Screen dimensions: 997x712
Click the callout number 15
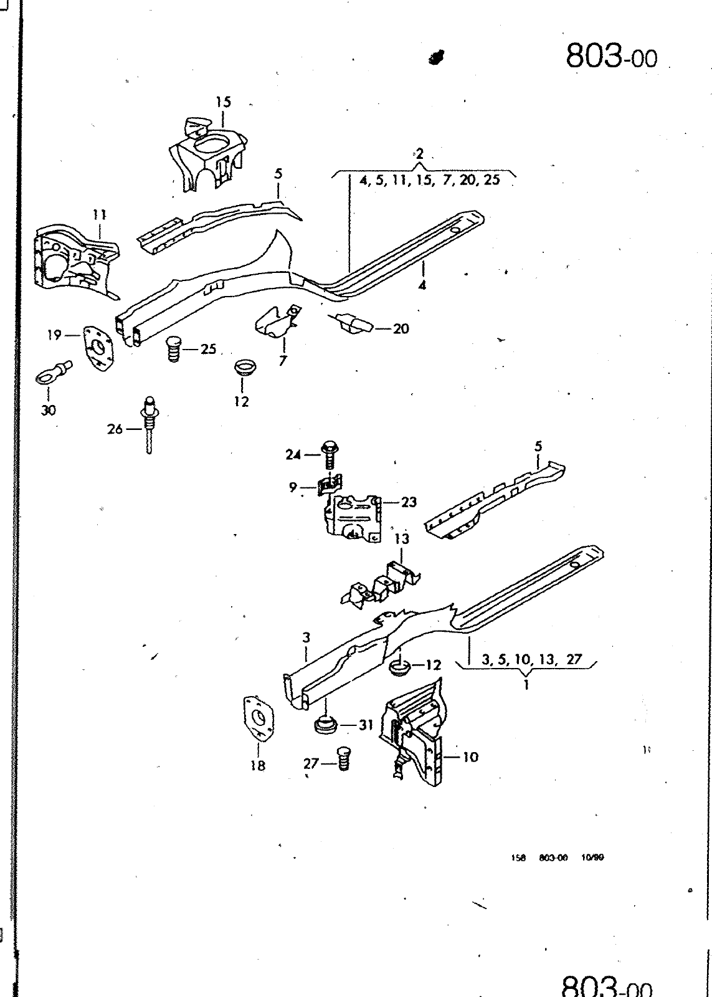tap(224, 102)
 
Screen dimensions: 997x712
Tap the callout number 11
tap(99, 215)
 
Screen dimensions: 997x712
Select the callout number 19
tap(54, 335)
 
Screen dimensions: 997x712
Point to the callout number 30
tap(49, 409)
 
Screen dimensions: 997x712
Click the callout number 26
tap(115, 429)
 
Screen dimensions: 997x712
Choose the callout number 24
tap(293, 455)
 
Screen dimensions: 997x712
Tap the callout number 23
tap(409, 502)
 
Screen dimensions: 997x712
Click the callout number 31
tap(366, 725)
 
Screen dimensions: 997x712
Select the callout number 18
tap(258, 766)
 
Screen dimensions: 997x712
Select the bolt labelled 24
tap(330, 456)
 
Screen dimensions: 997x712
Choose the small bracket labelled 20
tap(353, 323)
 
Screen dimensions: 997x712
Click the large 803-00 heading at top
tap(611, 57)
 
